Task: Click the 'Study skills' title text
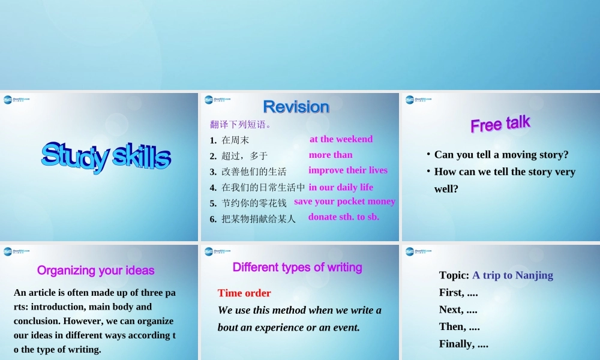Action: [106, 155]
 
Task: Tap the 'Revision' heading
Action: [296, 107]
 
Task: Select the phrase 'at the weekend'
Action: [341, 139]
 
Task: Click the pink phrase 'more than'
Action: [331, 155]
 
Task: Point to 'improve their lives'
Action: [348, 170]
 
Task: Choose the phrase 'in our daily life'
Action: [341, 187]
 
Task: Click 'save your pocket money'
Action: [344, 202]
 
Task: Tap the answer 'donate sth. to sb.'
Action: [344, 217]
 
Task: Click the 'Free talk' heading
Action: [500, 124]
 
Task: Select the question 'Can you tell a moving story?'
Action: [501, 155]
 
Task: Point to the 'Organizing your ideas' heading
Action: [96, 271]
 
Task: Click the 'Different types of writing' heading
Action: [298, 268]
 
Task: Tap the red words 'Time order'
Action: [244, 293]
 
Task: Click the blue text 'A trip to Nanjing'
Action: [512, 275]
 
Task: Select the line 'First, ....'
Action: [458, 293]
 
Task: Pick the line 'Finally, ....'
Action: [463, 344]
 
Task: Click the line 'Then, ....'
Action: [460, 327]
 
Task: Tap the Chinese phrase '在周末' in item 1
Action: [235, 140]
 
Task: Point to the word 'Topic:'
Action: [454, 275]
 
